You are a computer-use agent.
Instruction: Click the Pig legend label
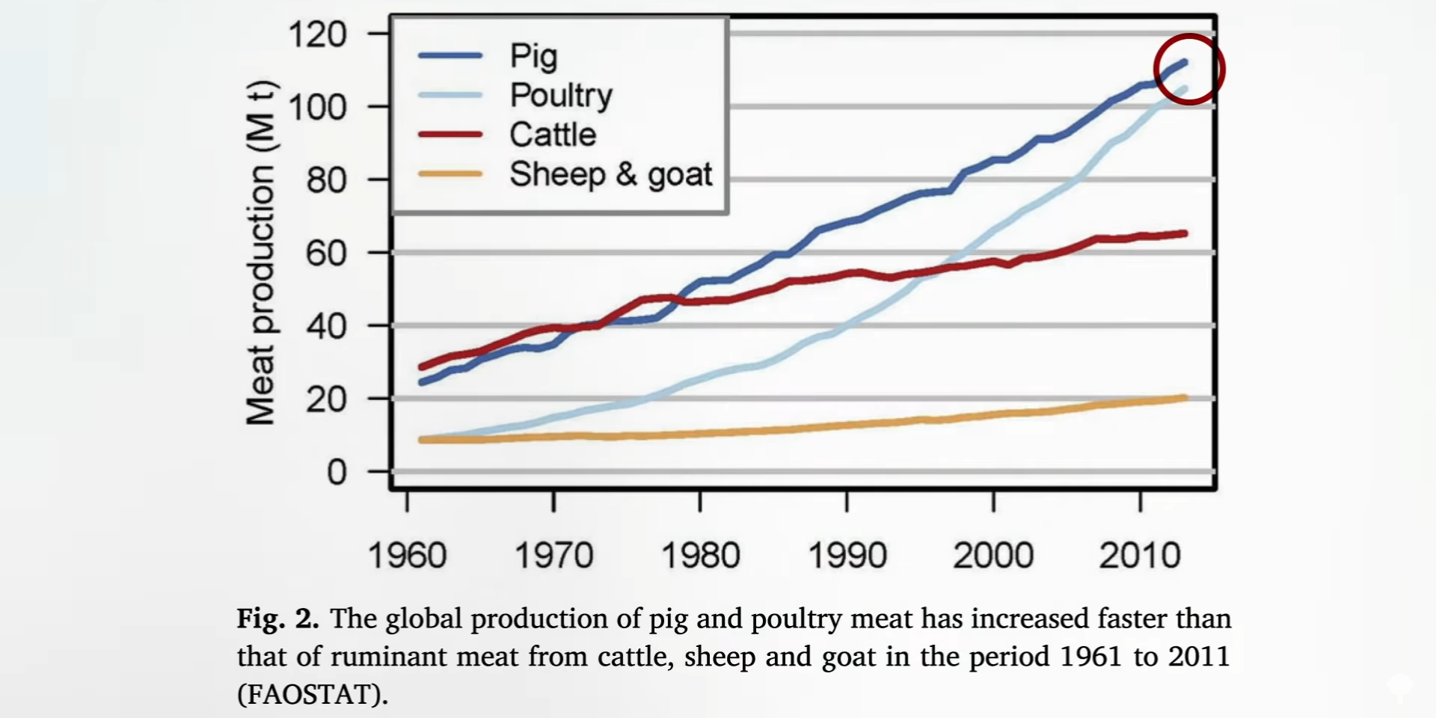click(x=533, y=56)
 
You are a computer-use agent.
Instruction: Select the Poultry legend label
click(x=561, y=96)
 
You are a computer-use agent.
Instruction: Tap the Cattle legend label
click(x=553, y=135)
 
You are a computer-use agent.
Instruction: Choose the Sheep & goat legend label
click(x=610, y=174)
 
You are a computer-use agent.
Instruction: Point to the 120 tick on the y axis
click(x=318, y=34)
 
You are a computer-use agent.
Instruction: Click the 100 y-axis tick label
click(x=318, y=108)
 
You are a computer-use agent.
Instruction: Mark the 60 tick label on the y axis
click(x=326, y=254)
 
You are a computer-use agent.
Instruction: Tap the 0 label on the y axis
click(x=337, y=473)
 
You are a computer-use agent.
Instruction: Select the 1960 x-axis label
click(x=407, y=556)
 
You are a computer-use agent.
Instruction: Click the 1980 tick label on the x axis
click(x=700, y=556)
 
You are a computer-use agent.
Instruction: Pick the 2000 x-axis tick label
click(x=993, y=556)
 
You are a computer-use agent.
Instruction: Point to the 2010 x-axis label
click(x=1140, y=556)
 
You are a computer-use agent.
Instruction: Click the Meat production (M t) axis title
click(x=261, y=253)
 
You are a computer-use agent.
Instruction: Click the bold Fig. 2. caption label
click(x=278, y=619)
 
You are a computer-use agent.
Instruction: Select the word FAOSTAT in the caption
click(x=313, y=695)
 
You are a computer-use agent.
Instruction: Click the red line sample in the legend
click(x=450, y=135)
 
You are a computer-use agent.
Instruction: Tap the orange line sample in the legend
click(x=450, y=174)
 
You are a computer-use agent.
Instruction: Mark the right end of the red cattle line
click(x=1185, y=233)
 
